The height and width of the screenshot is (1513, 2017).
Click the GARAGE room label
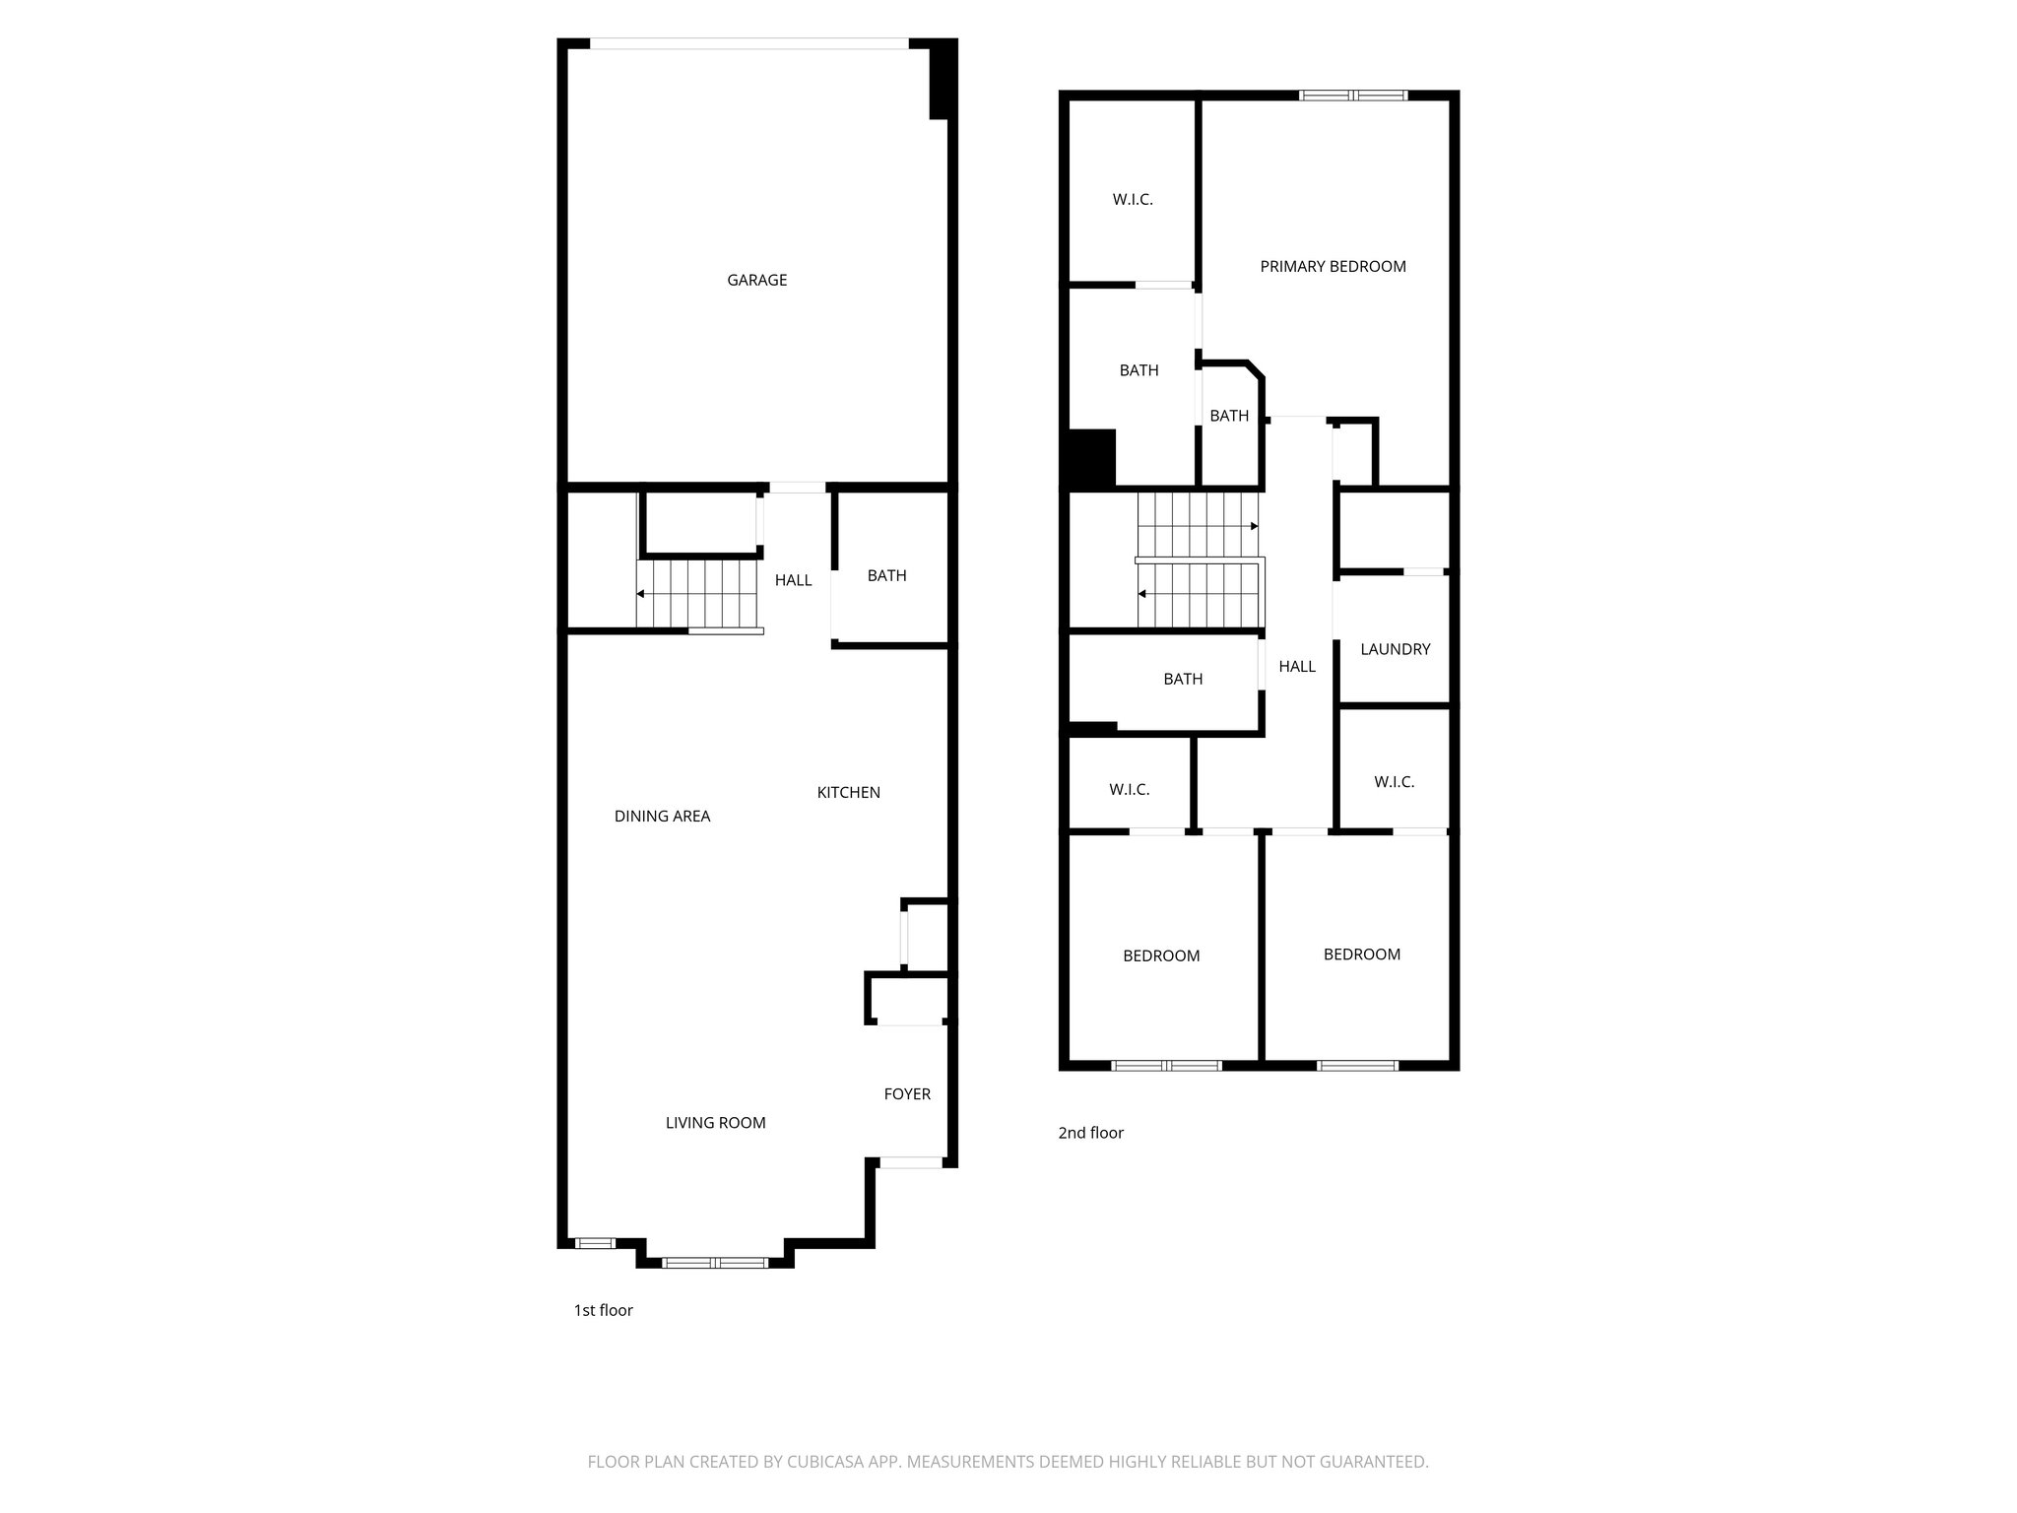[x=756, y=280]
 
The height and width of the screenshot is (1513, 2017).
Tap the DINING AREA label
[x=662, y=816]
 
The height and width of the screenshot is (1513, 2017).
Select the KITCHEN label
[x=848, y=792]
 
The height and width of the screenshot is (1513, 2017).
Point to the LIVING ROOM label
[x=715, y=1122]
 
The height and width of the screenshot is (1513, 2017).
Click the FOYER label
[x=906, y=1093]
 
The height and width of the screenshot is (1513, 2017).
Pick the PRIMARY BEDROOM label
[x=1333, y=266]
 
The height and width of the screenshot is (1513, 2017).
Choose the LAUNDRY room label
[x=1395, y=649]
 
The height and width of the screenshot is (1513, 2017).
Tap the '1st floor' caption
[x=603, y=1310]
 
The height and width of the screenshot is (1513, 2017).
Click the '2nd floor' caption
[x=1090, y=1133]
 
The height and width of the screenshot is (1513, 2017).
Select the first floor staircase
[x=699, y=594]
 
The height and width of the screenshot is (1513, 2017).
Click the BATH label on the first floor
[x=886, y=575]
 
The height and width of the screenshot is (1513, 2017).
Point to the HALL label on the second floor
[x=1297, y=667]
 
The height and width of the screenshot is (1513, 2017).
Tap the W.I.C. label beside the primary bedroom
[x=1133, y=199]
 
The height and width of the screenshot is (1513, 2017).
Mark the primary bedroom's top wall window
[x=1353, y=96]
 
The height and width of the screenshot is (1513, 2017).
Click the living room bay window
[x=715, y=1262]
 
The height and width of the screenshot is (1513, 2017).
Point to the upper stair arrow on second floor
[x=1254, y=527]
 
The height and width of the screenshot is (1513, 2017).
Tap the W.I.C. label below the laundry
[x=1394, y=782]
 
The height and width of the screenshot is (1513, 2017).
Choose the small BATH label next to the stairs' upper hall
[x=1229, y=416]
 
